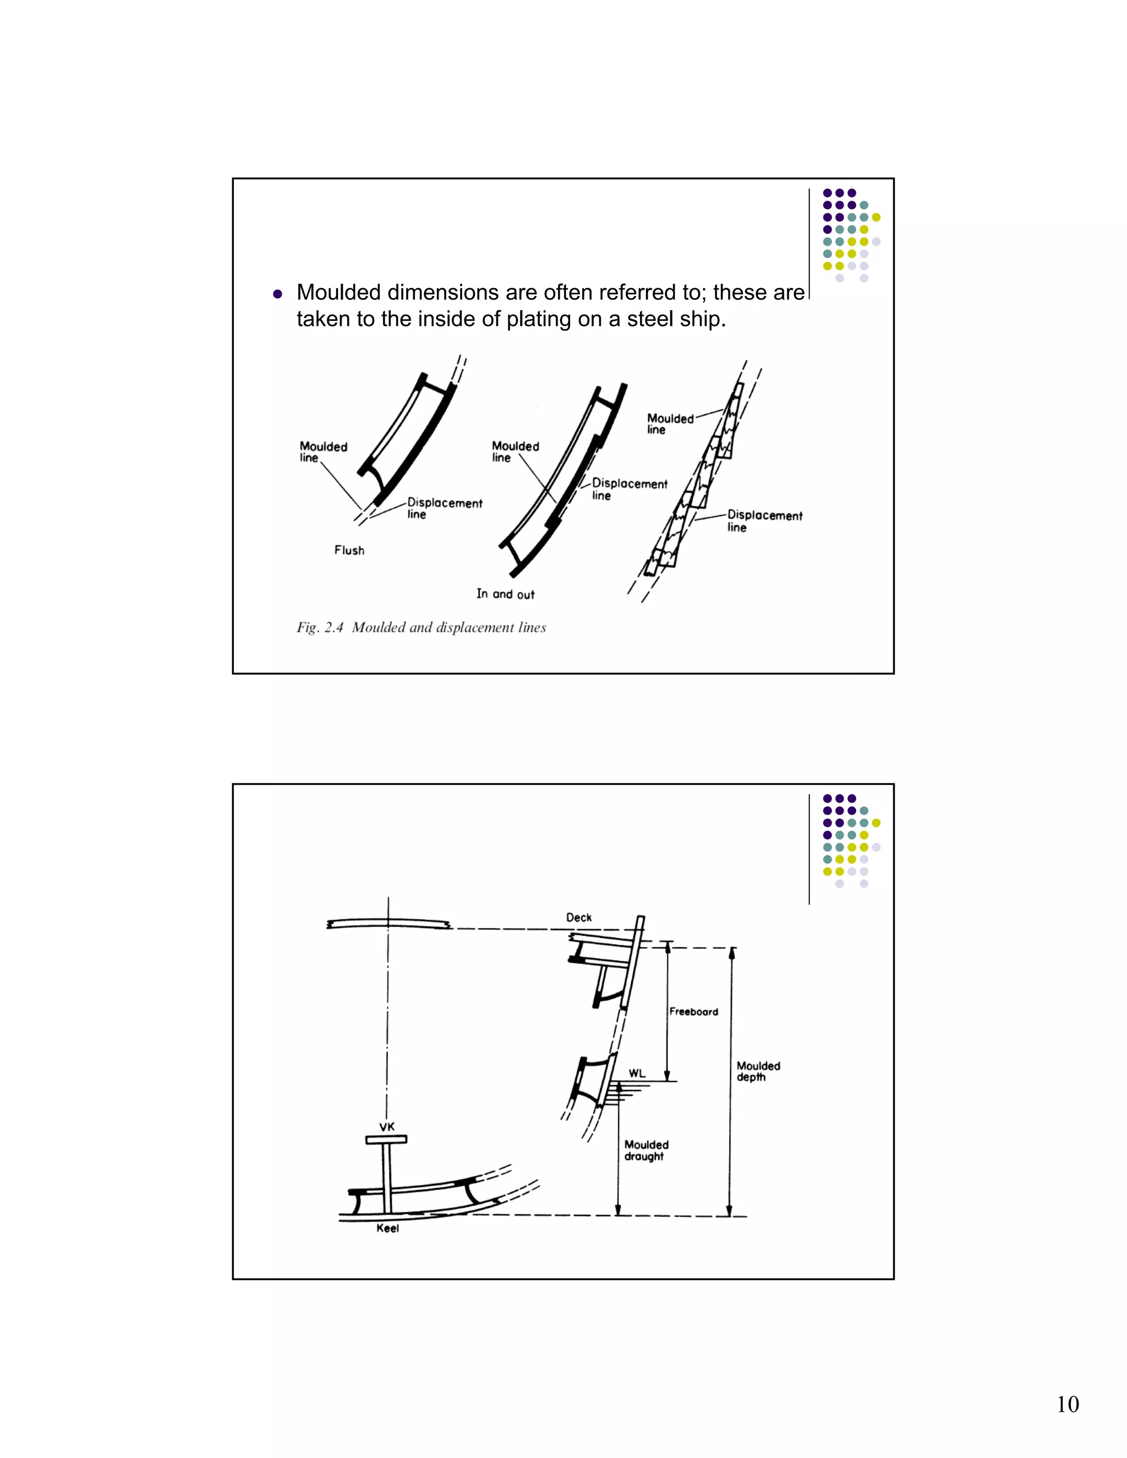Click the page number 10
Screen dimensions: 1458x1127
pos(1067,1404)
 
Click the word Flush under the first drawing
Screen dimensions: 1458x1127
pos(349,550)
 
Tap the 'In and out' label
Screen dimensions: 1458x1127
pos(505,594)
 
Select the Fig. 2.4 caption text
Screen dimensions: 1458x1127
pos(422,628)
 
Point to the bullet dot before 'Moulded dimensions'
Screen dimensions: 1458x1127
pos(278,294)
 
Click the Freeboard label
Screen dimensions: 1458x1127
pos(694,1011)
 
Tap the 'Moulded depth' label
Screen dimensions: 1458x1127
pos(758,1071)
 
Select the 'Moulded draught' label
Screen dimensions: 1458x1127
pos(645,1150)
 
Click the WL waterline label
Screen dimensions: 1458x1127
pos(637,1073)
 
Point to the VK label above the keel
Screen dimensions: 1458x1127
pos(387,1126)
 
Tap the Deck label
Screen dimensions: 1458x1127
pos(578,917)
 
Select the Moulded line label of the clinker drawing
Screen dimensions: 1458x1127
pos(670,423)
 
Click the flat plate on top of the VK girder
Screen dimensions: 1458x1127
pos(386,1139)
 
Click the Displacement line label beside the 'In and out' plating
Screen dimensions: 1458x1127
pos(629,489)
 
